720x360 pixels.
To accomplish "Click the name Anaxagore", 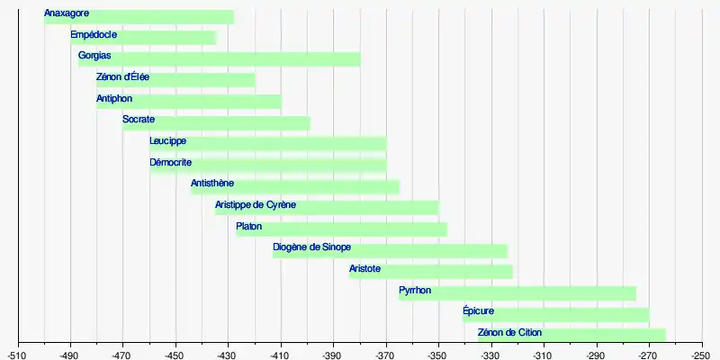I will pyautogui.click(x=67, y=13).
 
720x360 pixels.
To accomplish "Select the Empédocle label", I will pyautogui.click(x=94, y=35).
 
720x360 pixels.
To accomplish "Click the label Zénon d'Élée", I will pyautogui.click(x=122, y=77).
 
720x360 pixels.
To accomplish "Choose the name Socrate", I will pyautogui.click(x=139, y=120).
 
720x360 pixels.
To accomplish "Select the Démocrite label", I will pyautogui.click(x=170, y=163).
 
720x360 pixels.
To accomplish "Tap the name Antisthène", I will pyautogui.click(x=212, y=184).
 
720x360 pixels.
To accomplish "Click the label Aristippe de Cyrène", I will pyautogui.click(x=256, y=205).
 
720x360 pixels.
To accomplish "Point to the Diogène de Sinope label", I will pyautogui.click(x=311, y=247).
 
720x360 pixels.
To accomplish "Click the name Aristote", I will pyautogui.click(x=364, y=269).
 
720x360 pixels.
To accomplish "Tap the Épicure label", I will pyautogui.click(x=478, y=311).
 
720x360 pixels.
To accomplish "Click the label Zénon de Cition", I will pyautogui.click(x=510, y=333).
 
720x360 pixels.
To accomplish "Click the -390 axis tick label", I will pyautogui.click(x=333, y=354).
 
